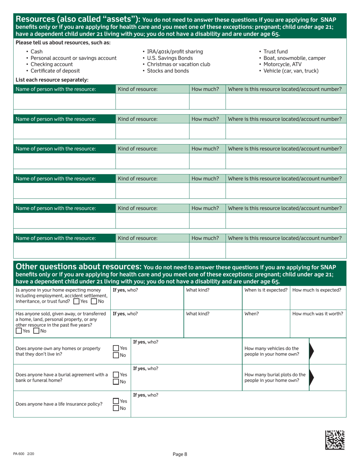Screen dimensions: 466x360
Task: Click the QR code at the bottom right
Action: [335, 440]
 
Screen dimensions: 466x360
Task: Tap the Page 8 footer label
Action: [180, 454]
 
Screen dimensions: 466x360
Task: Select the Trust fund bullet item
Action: [275, 52]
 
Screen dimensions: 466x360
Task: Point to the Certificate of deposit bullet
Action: [55, 71]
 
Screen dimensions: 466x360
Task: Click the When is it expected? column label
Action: [266, 290]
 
